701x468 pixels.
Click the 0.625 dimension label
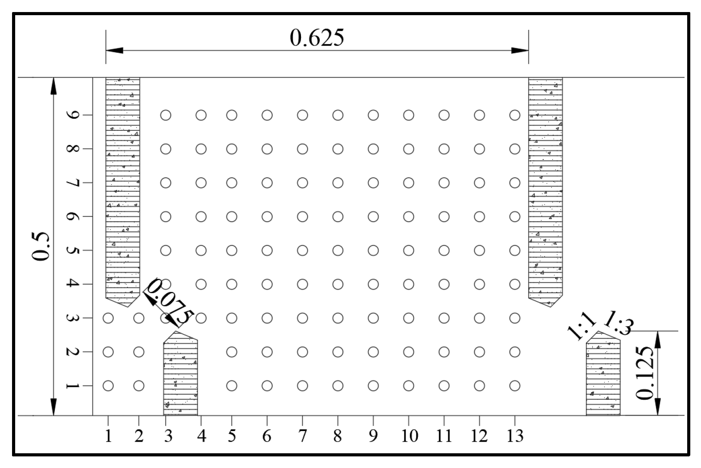pyautogui.click(x=317, y=38)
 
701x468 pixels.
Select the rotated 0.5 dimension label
pyautogui.click(x=41, y=246)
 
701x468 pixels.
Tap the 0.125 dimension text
pyautogui.click(x=645, y=373)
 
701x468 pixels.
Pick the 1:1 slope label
pyautogui.click(x=581, y=327)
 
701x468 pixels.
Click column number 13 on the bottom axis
pyautogui.click(x=515, y=436)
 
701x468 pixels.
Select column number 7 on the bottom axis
pyautogui.click(x=302, y=436)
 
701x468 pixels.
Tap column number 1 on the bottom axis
pyautogui.click(x=108, y=436)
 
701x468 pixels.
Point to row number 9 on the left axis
pyautogui.click(x=72, y=115)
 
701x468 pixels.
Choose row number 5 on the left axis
pyautogui.click(x=72, y=250)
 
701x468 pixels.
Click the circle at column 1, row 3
pyautogui.click(x=108, y=318)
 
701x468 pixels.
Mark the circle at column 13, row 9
pyautogui.click(x=515, y=115)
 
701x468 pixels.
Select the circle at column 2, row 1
pyautogui.click(x=139, y=385)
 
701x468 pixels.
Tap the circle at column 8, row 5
pyautogui.click(x=338, y=250)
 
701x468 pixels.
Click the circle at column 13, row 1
pyautogui.click(x=515, y=385)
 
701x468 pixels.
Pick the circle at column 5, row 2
pyautogui.click(x=231, y=352)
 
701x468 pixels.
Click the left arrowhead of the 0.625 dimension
pyautogui.click(x=114, y=50)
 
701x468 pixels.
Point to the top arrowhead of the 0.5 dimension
pyautogui.click(x=54, y=86)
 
